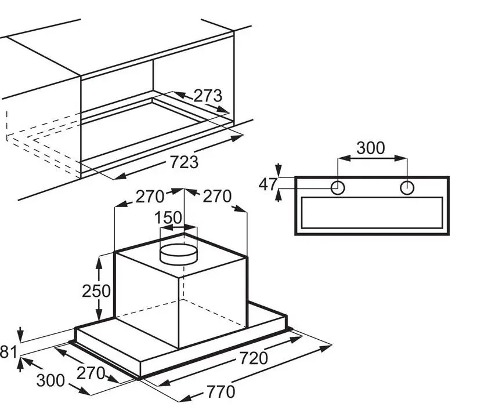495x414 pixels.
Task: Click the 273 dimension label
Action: [208, 96]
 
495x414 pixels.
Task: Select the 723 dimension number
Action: [184, 162]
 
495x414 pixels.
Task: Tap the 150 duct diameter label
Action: [168, 218]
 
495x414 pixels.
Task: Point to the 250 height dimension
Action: [96, 291]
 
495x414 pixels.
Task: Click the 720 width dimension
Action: [254, 358]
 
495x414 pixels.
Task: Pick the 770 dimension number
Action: [221, 392]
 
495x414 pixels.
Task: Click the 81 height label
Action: [8, 352]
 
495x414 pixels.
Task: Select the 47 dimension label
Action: [268, 184]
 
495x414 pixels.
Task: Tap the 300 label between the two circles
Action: [371, 148]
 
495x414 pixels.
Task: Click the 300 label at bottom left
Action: [50, 380]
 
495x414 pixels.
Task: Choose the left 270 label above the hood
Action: [150, 197]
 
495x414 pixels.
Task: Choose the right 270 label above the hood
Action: [217, 196]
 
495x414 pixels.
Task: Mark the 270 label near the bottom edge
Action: [91, 373]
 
